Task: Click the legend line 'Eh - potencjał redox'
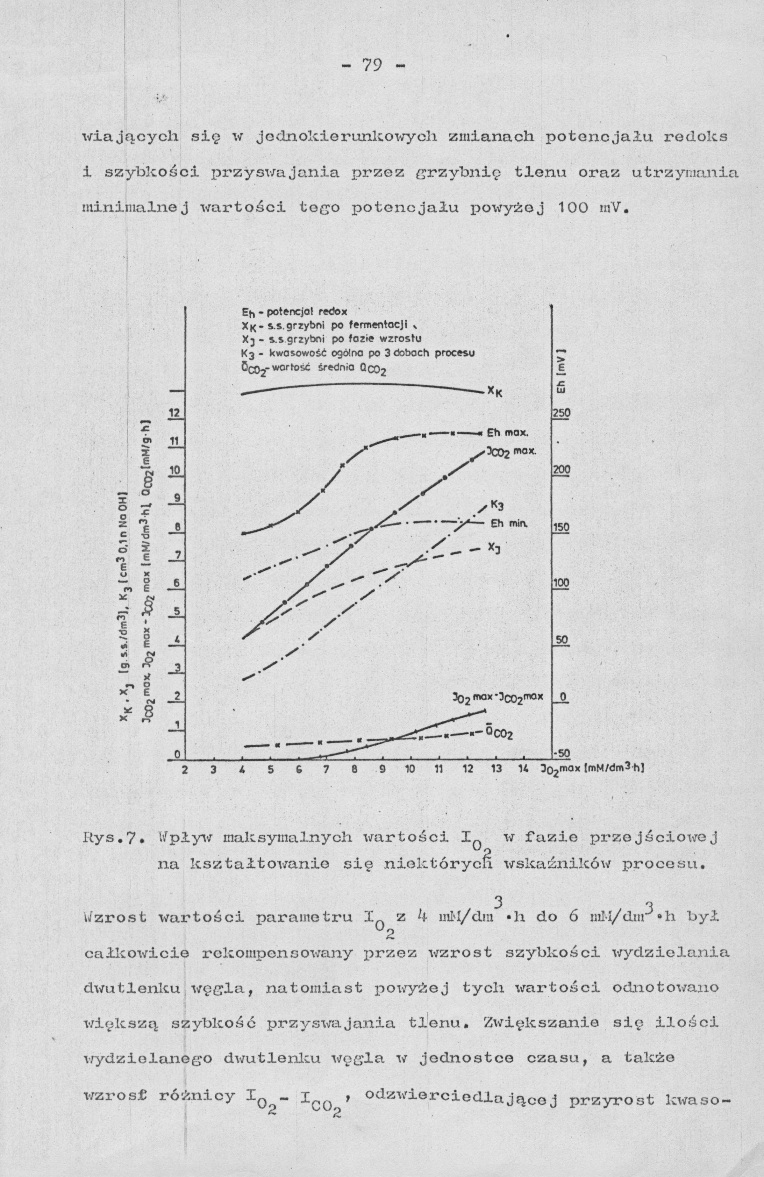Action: pos(295,312)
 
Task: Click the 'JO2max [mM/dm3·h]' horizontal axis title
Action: pos(591,768)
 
